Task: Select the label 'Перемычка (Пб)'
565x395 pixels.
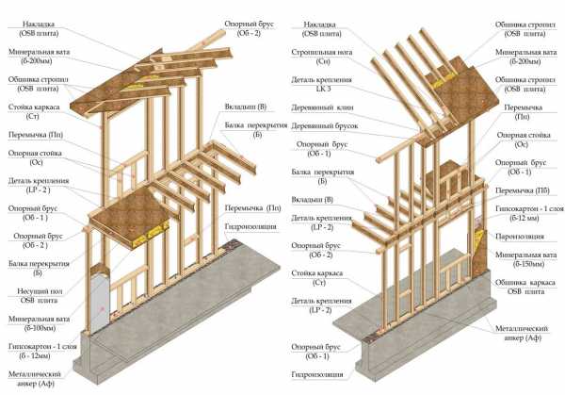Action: point(521,190)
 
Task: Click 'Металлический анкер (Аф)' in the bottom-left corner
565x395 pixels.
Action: point(28,381)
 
